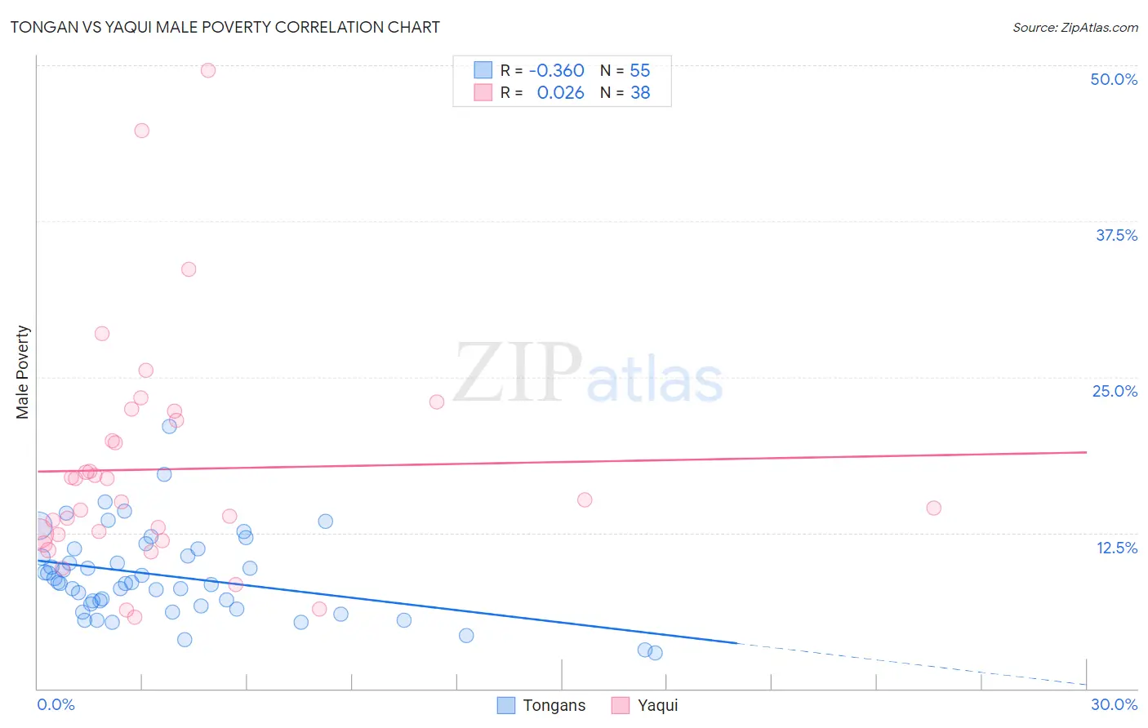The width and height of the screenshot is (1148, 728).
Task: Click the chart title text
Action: click(225, 27)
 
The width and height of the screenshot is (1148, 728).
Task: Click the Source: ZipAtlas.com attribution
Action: click(1075, 27)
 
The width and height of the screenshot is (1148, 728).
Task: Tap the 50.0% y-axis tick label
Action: click(1114, 79)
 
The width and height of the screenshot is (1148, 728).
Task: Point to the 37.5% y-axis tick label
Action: click(1116, 235)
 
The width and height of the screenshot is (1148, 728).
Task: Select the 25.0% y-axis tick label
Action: click(1115, 391)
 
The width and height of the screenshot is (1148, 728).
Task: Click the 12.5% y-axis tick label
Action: click(1116, 548)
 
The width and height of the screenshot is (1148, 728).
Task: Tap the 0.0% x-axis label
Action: click(56, 704)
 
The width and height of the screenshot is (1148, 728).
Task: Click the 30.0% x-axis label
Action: click(1114, 704)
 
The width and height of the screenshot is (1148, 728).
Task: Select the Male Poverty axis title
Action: click(23, 372)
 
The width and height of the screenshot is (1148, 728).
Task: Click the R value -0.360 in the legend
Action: click(556, 71)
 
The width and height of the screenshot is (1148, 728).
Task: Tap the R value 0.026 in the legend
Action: click(560, 93)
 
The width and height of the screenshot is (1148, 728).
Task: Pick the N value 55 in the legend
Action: click(640, 71)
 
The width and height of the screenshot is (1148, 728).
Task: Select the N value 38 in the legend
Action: click(640, 93)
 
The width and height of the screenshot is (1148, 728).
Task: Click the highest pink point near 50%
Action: click(208, 70)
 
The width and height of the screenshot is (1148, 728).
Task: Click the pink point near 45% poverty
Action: click(141, 131)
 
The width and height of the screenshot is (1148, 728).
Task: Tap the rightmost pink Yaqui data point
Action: click(933, 508)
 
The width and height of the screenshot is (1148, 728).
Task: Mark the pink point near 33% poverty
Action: click(189, 269)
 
